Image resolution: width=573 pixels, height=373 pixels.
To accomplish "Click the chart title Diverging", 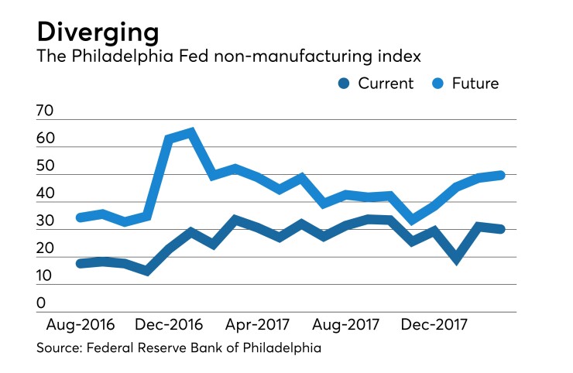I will tap(98, 33).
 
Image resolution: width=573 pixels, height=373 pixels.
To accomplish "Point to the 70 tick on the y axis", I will tap(45, 112).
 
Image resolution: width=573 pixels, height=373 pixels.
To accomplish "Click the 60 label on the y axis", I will tap(45, 139).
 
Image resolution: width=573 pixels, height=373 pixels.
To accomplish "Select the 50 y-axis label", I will tap(45, 167).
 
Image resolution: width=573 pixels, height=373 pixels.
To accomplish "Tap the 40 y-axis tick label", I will tap(45, 194).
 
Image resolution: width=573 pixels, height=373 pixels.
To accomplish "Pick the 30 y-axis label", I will tap(45, 222).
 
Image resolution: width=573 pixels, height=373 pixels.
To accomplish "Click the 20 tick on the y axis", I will tap(45, 249).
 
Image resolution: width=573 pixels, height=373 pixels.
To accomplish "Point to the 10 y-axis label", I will tap(45, 276).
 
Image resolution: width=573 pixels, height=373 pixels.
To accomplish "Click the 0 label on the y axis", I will tap(41, 304).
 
